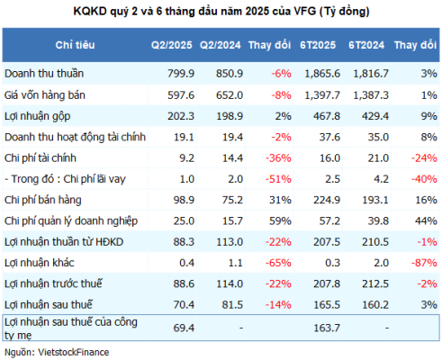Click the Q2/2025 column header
(x=171, y=45)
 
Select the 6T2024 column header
(x=366, y=45)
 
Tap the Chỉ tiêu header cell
(x=75, y=45)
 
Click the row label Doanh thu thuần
(x=44, y=74)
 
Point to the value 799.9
(x=181, y=74)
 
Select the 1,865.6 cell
(x=322, y=74)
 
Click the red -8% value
(x=281, y=95)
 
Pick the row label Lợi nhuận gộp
(x=38, y=117)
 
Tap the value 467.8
(x=327, y=116)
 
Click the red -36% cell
(x=278, y=158)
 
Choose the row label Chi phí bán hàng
(x=43, y=200)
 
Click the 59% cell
(x=280, y=221)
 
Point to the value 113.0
(x=230, y=242)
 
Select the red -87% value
(x=424, y=263)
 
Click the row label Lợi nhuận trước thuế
(x=53, y=283)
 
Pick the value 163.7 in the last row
(x=327, y=328)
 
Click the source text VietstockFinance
(x=74, y=352)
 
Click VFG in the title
(x=305, y=12)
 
